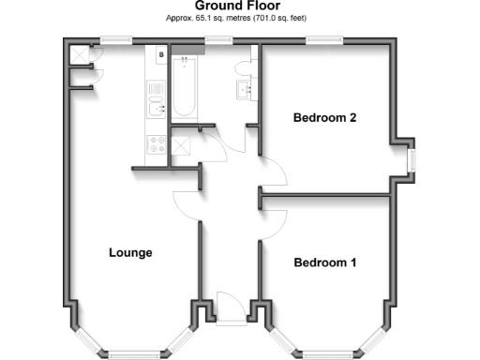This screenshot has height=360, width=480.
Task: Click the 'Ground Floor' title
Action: click(x=240, y=7)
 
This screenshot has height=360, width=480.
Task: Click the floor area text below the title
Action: click(x=240, y=18)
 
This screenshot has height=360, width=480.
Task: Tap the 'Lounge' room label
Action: click(x=130, y=252)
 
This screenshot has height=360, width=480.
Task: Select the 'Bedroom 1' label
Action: click(x=324, y=262)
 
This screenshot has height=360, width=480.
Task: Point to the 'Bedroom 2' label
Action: click(x=324, y=118)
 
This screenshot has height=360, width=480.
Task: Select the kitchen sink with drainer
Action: click(x=156, y=101)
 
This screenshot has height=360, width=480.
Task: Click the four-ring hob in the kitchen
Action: click(x=156, y=145)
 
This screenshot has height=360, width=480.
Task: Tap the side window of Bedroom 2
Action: click(x=411, y=157)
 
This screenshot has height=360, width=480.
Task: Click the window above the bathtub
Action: click(x=219, y=39)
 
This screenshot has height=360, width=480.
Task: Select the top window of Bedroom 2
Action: click(x=322, y=39)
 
